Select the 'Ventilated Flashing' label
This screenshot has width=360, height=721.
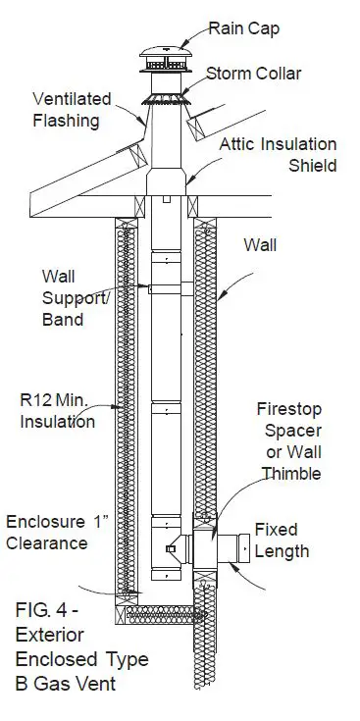click(x=72, y=109)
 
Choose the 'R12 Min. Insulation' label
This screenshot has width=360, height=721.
click(x=58, y=411)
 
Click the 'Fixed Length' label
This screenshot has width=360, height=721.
click(x=282, y=541)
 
